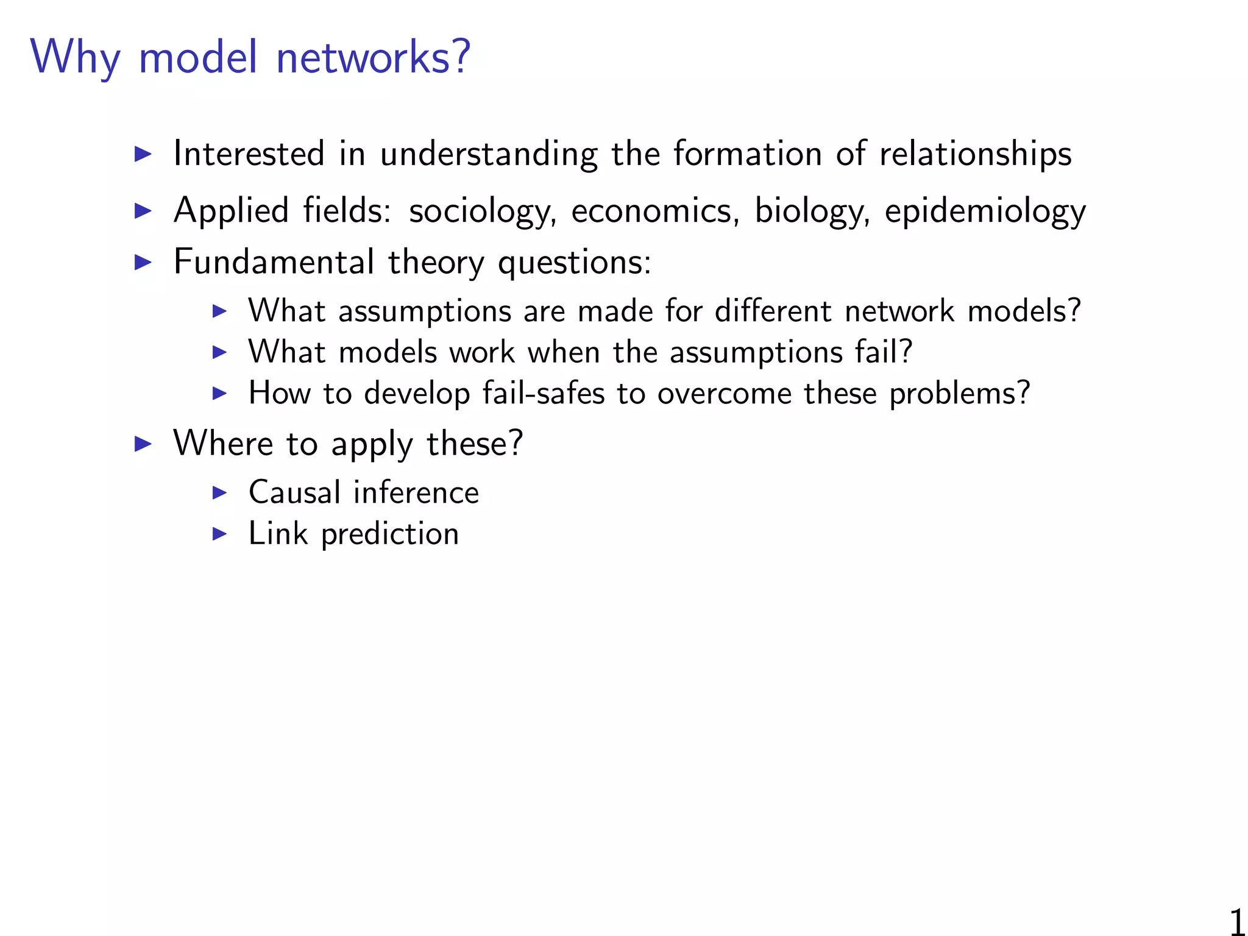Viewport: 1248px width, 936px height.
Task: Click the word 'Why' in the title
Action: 75,58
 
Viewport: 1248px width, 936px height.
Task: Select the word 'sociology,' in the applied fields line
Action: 482,211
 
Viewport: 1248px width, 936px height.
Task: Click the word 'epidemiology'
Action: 985,211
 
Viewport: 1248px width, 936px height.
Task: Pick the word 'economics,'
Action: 655,211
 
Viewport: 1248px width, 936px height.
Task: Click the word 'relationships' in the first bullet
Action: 975,154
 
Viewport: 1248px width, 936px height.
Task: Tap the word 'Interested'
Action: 249,153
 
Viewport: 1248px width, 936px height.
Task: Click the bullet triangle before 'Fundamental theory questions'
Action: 143,263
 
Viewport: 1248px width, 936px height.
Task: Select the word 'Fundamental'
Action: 274,262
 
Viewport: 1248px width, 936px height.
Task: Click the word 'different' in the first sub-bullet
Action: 773,311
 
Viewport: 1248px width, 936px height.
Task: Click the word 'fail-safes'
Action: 544,393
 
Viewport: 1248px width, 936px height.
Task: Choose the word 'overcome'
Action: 724,393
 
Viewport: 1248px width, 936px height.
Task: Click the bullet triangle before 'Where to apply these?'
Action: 143,444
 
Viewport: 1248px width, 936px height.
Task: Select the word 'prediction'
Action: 390,534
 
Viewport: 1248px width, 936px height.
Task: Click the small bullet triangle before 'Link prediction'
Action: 219,534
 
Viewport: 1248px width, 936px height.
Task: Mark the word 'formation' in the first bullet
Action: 747,153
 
